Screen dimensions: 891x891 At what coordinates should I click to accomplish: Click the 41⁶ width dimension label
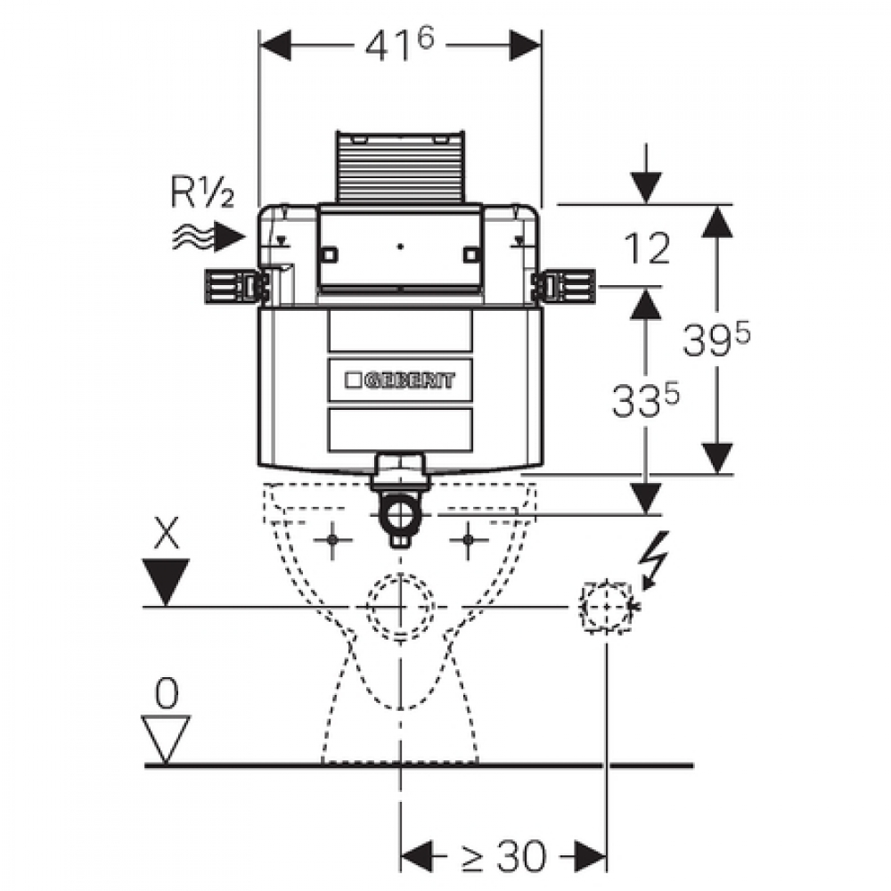click(399, 45)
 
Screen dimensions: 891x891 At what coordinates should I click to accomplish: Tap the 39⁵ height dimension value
click(716, 339)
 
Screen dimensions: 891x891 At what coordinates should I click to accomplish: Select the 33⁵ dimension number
click(645, 399)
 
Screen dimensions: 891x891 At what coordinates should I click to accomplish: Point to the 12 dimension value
click(647, 249)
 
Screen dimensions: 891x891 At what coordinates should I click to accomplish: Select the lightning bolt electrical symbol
click(654, 558)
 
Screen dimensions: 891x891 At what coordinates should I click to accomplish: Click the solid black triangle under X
click(166, 581)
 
